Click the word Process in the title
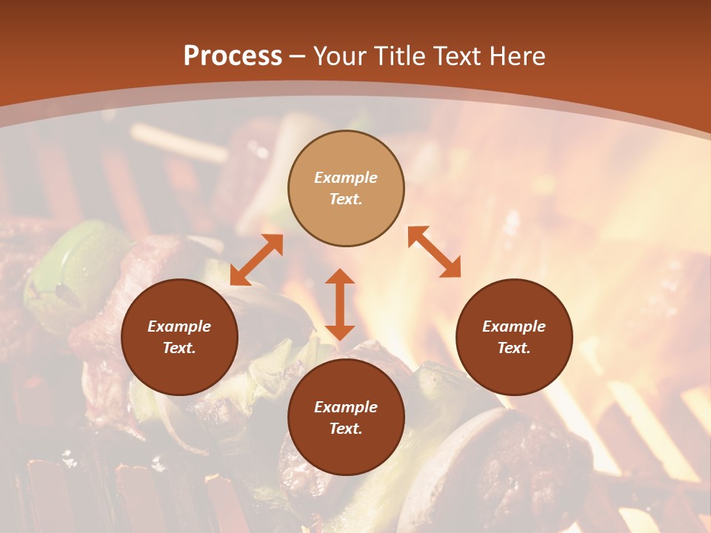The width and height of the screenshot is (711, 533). coord(233,56)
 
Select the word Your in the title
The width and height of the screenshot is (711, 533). coord(341,56)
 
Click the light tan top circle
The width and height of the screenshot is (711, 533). coord(346,188)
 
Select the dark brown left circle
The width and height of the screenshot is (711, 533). coord(179,337)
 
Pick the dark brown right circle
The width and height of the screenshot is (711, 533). coord(514,337)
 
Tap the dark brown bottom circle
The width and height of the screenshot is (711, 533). coord(346,418)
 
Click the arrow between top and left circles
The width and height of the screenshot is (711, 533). coord(256,260)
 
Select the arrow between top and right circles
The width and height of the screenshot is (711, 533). coord(434,252)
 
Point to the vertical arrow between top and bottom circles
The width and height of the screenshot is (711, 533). coord(340,304)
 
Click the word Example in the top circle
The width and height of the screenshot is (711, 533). coord(346,178)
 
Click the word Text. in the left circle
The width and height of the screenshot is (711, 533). coord(179,348)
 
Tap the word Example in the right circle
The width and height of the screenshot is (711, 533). coord(514,326)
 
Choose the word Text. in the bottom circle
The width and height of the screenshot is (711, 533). coord(346,429)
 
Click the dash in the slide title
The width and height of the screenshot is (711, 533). coord(297,56)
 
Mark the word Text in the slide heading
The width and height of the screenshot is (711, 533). coord(458,56)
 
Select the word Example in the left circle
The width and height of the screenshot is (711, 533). coord(179,326)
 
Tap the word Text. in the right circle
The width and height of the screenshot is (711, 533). coord(514,348)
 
